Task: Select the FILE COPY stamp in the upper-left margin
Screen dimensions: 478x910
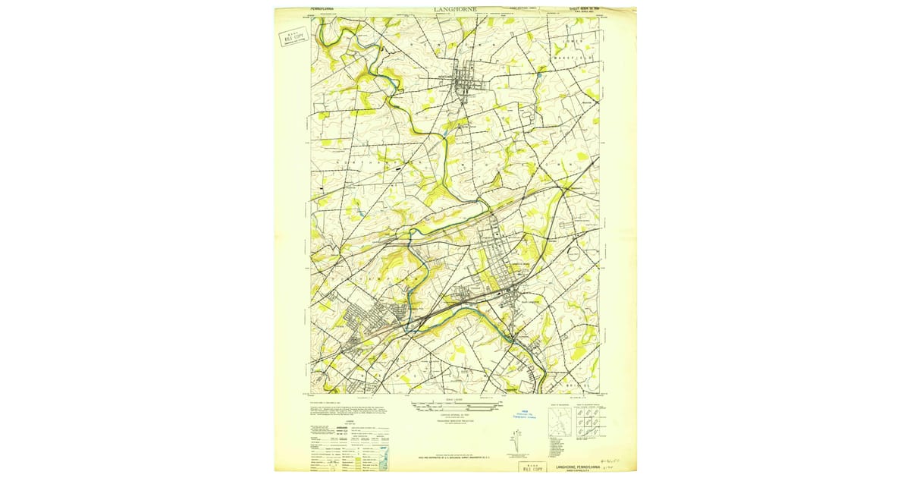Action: click(291, 37)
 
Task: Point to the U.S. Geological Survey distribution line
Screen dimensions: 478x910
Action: click(455, 458)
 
